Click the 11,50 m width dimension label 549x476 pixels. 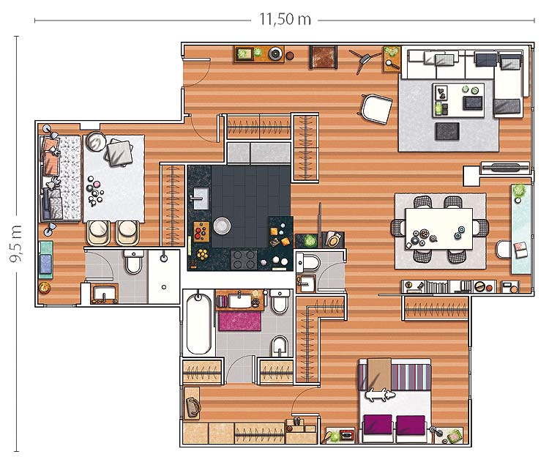pyautogui.click(x=285, y=19)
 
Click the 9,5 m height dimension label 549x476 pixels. pyautogui.click(x=16, y=243)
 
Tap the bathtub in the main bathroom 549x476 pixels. pyautogui.click(x=198, y=324)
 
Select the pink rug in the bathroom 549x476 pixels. pyautogui.click(x=240, y=321)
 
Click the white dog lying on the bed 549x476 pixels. pyautogui.click(x=380, y=395)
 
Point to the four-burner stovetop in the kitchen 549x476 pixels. pyautogui.click(x=244, y=259)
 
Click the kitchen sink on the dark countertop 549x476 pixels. pyautogui.click(x=201, y=198)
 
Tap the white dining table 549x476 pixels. pyautogui.click(x=439, y=228)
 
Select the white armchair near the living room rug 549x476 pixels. pyautogui.click(x=376, y=109)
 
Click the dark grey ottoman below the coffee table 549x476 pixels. pyautogui.click(x=447, y=131)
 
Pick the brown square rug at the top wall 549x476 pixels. pyautogui.click(x=324, y=57)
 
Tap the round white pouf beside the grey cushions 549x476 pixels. pyautogui.click(x=96, y=141)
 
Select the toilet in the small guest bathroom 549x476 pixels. pyautogui.click(x=308, y=262)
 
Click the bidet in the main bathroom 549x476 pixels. pyautogui.click(x=280, y=346)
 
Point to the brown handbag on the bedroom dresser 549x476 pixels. pyautogui.click(x=193, y=407)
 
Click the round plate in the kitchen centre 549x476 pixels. pyautogui.click(x=222, y=226)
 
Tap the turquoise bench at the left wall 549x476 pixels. pyautogui.click(x=45, y=260)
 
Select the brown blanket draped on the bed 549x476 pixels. pyautogui.click(x=379, y=373)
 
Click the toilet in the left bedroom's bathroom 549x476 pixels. pyautogui.click(x=133, y=261)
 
